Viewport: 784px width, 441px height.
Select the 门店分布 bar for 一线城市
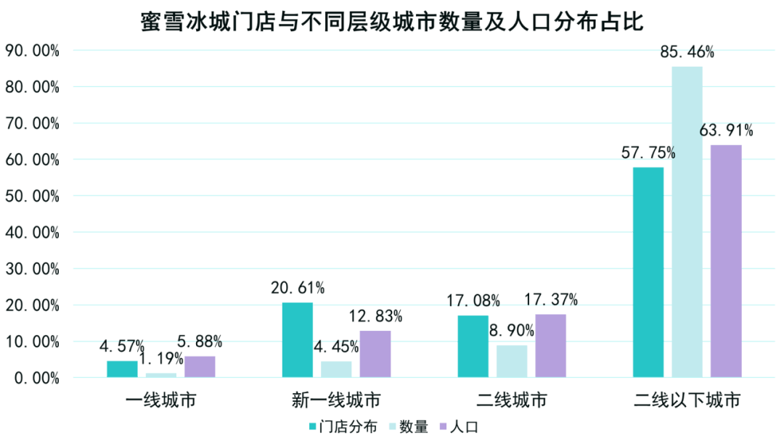121,369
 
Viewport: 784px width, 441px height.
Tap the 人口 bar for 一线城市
200,366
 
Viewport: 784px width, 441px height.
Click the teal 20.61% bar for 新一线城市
297,339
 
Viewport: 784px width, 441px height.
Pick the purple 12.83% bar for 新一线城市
375,354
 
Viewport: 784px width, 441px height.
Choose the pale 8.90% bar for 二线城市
512,360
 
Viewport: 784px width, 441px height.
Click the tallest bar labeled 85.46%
687,221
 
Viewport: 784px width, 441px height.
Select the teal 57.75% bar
648,272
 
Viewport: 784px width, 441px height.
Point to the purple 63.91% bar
726,261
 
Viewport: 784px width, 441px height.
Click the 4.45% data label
336,347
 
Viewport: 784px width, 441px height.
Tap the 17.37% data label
551,299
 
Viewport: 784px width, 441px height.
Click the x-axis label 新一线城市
336,400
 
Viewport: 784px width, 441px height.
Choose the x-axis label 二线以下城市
687,400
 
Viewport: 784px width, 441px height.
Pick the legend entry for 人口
463,426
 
